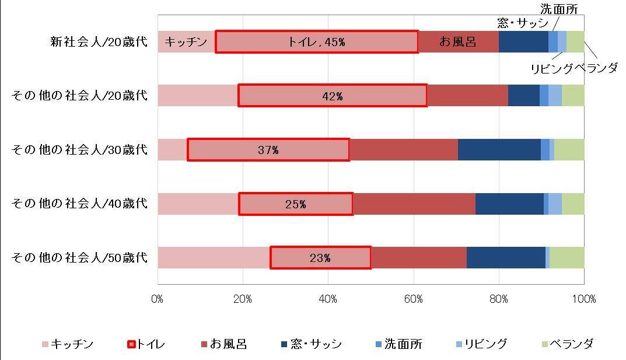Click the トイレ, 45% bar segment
pyautogui.click(x=317, y=42)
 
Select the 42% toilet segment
pyautogui.click(x=333, y=96)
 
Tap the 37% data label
pyautogui.click(x=268, y=150)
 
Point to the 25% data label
pyautogui.click(x=296, y=204)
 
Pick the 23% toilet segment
pyautogui.click(x=320, y=258)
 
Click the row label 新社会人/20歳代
pyautogui.click(x=99, y=42)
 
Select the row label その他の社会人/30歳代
pyautogui.click(x=79, y=150)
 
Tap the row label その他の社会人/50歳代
pyautogui.click(x=79, y=257)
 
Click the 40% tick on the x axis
pyautogui.click(x=328, y=299)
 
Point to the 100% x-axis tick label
pyautogui.click(x=584, y=299)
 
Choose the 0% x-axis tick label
pyautogui.click(x=158, y=299)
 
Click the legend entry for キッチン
pyautogui.click(x=67, y=344)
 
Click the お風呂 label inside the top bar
pyautogui.click(x=458, y=42)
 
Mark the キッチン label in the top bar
pyautogui.click(x=186, y=42)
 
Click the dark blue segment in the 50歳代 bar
pyautogui.click(x=506, y=258)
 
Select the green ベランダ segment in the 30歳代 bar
pyautogui.click(x=569, y=150)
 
